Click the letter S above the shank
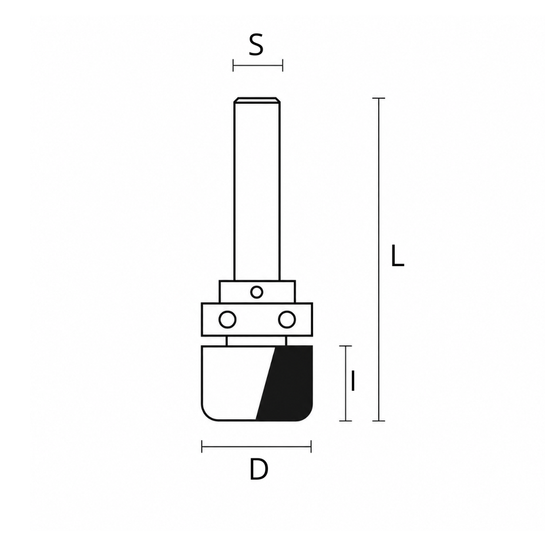pyautogui.click(x=256, y=45)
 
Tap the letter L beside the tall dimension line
pyautogui.click(x=397, y=256)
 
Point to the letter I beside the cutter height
pyautogui.click(x=352, y=381)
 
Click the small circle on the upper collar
pyautogui.click(x=257, y=293)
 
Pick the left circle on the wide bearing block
pyautogui.click(x=227, y=320)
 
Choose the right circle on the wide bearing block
pyautogui.click(x=287, y=320)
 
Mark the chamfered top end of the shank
pyautogui.click(x=257, y=100)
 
